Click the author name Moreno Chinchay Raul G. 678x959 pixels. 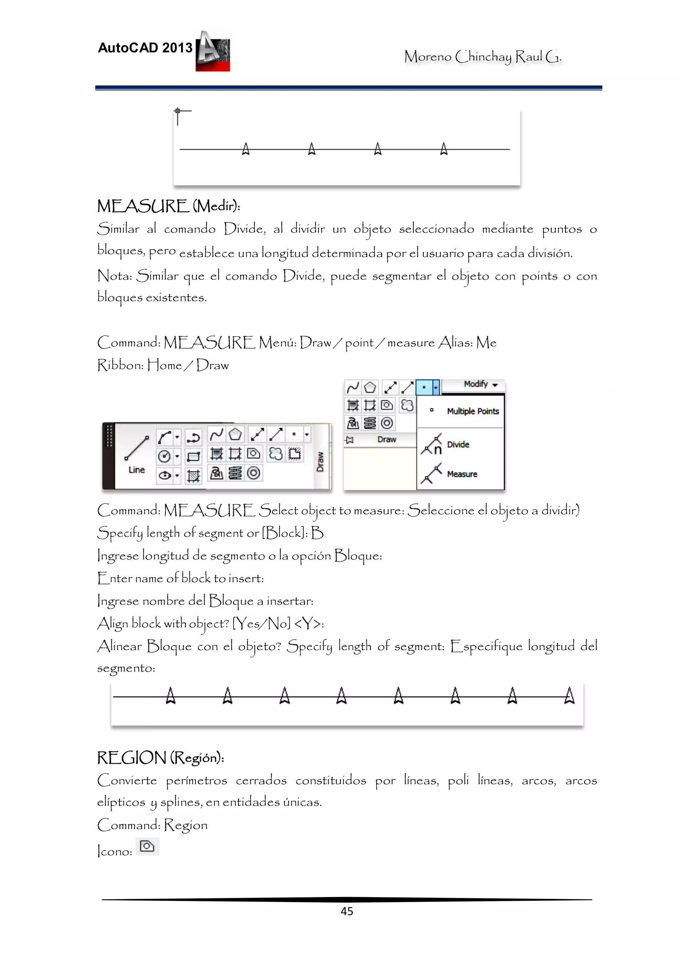482,56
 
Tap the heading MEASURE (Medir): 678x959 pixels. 169,206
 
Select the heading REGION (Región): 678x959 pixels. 161,757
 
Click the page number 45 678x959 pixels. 347,911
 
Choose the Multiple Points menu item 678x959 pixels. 472,411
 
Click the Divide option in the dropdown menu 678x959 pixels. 458,445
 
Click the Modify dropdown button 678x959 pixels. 480,384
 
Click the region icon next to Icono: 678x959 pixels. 147,846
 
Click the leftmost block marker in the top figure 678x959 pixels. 246,149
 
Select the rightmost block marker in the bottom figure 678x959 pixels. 569,696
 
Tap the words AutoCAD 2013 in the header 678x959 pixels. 145,48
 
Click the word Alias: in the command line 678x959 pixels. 455,343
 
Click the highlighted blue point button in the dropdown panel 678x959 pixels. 424,387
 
